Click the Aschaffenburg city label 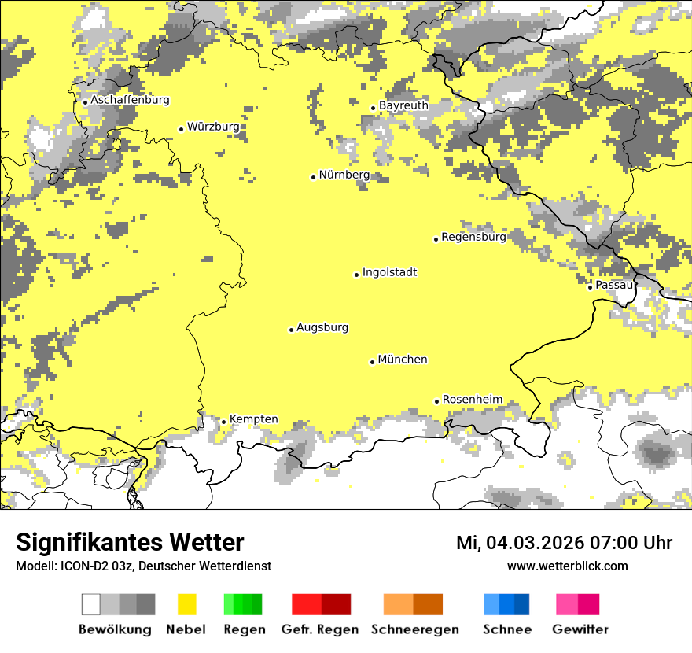coord(130,100)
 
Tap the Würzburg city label coord(213,127)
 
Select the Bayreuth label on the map coord(403,105)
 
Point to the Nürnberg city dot coord(313,177)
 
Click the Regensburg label coord(473,237)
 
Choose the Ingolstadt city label coord(389,273)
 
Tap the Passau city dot coord(590,287)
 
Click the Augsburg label coord(322,328)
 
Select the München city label coord(403,360)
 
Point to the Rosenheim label coord(472,400)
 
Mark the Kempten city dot coord(223,422)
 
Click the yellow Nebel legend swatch coord(186,604)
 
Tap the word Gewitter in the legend coord(580,629)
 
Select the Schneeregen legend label coord(414,629)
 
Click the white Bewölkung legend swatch coord(91,604)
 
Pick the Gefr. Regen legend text coord(319,629)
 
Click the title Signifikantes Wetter coord(130,543)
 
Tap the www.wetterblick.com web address coord(567,566)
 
